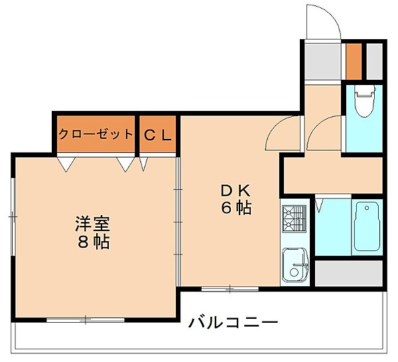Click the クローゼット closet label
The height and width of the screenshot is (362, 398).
point(96,134)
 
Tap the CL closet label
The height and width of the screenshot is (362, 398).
point(158,134)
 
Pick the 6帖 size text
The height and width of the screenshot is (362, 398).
point(235,208)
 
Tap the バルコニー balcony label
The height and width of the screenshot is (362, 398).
point(232,323)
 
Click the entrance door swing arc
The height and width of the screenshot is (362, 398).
point(326,23)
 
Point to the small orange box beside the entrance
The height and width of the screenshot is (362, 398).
point(354,60)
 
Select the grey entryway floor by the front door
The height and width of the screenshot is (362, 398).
point(322,60)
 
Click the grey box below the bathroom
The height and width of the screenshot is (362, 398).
point(349,272)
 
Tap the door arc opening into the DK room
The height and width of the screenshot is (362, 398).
point(282,133)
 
